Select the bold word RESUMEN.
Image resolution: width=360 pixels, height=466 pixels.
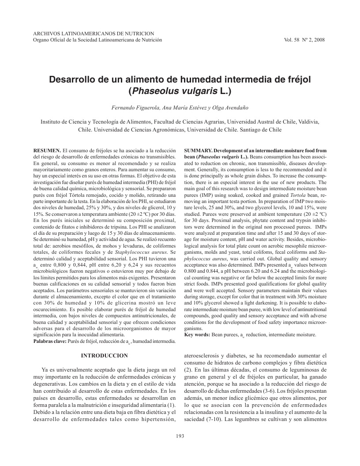47,150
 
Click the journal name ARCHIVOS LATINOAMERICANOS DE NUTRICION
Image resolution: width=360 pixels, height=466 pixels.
94,34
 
